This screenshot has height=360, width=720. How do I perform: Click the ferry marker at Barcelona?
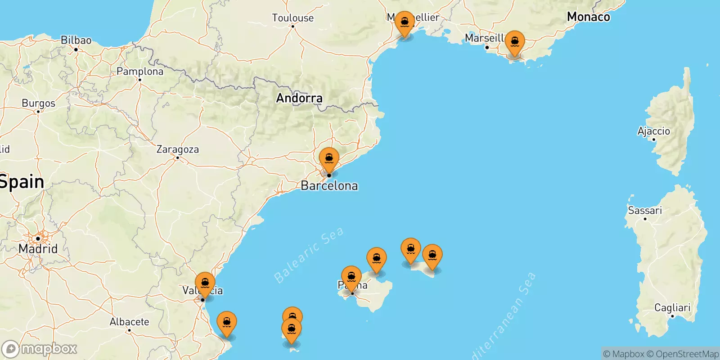coord(329,159)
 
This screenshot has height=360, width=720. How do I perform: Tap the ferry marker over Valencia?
coord(205,283)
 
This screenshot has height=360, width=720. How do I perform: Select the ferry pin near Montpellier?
coord(405,22)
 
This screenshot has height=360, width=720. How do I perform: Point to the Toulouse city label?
coord(292,18)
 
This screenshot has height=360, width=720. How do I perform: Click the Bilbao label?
coord(76,40)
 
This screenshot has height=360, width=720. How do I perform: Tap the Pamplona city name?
coord(140,72)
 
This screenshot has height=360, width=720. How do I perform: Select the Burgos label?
coord(39,103)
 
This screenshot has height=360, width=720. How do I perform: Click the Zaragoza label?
coord(177,149)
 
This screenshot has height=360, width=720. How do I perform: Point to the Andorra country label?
coord(299,98)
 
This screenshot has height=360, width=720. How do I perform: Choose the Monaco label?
coord(588,17)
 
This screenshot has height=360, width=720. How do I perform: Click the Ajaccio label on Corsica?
coord(653,131)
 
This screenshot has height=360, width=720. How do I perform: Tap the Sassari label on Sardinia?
coord(645,211)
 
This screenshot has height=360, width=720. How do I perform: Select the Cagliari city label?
coord(672,308)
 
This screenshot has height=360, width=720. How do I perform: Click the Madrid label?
coord(38,248)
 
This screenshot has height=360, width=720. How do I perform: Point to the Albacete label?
coord(129,322)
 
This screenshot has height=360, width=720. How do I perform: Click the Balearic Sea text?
coord(309,255)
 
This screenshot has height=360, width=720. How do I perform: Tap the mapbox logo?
coord(40,349)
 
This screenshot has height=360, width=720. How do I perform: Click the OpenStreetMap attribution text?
coord(687,354)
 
